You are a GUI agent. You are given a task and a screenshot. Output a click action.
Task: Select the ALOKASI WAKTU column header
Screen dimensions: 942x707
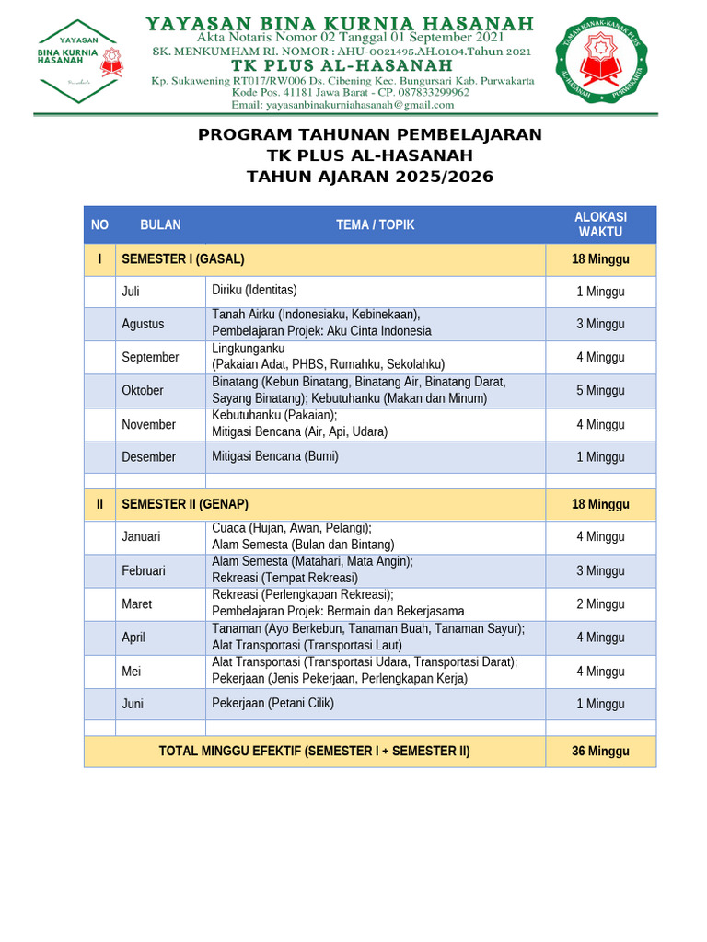(x=600, y=224)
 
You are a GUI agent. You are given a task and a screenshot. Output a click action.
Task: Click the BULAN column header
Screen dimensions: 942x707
(x=160, y=224)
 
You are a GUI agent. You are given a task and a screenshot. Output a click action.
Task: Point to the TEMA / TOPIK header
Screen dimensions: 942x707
(x=376, y=224)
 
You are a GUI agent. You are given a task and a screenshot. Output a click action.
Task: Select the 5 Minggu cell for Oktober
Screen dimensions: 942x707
(x=600, y=390)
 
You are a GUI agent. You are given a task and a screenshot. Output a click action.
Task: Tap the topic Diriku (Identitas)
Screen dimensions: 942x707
(x=255, y=291)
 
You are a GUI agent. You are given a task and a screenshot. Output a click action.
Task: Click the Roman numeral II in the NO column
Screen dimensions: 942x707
(x=99, y=504)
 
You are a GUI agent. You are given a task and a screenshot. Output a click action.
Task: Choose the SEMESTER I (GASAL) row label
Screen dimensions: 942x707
(x=183, y=259)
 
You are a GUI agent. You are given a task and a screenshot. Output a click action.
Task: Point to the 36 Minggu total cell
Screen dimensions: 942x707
(x=600, y=751)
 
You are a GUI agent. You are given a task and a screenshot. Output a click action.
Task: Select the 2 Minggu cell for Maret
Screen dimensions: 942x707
(x=600, y=603)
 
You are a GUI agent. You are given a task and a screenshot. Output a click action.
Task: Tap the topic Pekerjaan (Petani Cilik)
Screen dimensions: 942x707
(x=272, y=703)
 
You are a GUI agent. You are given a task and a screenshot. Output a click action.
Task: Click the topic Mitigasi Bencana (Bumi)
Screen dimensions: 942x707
(x=275, y=456)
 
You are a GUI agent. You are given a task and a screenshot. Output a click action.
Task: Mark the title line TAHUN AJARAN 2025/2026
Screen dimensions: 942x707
(x=370, y=177)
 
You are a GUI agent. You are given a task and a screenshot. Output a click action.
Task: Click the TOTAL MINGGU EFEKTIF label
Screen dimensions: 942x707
(x=314, y=751)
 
